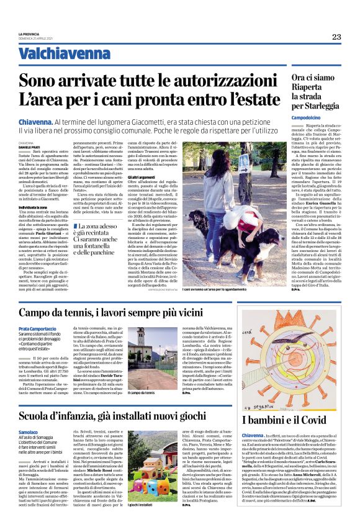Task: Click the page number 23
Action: pyautogui.click(x=336, y=37)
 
